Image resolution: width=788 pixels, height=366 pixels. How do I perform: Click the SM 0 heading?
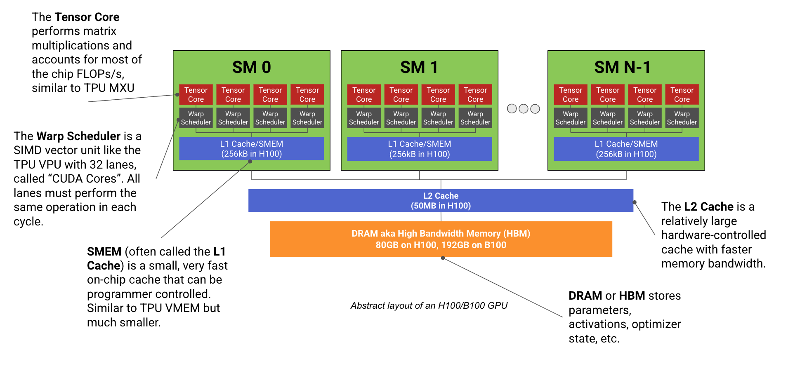(x=251, y=67)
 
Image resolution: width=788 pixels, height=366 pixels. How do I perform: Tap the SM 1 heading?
(x=419, y=67)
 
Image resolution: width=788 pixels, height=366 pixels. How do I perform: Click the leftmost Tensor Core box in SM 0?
(x=196, y=94)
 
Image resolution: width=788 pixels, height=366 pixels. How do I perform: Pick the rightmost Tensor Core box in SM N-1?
(x=682, y=94)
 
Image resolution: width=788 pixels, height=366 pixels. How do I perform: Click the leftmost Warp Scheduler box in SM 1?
(x=364, y=118)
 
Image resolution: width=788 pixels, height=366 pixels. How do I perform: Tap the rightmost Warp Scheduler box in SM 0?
(x=307, y=118)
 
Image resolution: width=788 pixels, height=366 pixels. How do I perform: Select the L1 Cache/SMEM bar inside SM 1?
(x=420, y=149)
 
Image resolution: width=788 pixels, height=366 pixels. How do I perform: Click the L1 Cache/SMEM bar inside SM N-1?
(x=626, y=149)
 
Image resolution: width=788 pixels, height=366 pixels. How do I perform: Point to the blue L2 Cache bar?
(x=441, y=201)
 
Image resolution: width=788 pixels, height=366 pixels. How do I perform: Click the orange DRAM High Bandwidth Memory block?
(x=441, y=239)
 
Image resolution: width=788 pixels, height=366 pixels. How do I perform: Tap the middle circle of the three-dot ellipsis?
(x=524, y=109)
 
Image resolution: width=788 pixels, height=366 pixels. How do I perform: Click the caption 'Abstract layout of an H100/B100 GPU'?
(x=429, y=305)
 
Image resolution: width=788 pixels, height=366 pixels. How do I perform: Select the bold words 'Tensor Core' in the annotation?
(x=87, y=17)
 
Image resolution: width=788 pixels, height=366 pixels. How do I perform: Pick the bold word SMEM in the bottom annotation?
(x=104, y=251)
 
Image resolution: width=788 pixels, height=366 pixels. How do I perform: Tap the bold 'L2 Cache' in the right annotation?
(x=708, y=206)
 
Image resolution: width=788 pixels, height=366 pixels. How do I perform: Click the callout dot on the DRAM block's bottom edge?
(x=443, y=258)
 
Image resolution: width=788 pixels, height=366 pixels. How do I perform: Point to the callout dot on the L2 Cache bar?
(x=635, y=202)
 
